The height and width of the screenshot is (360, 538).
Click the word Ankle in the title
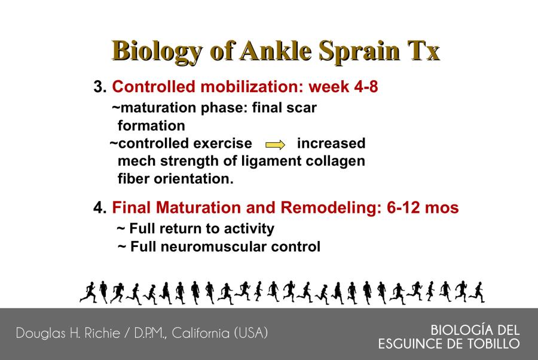(276, 51)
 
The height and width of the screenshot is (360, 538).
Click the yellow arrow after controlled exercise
(275, 145)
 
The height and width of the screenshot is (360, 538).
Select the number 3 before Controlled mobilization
(100, 87)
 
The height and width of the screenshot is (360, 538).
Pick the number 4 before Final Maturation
(100, 208)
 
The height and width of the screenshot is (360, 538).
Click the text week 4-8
(343, 87)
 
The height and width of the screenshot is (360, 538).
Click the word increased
(331, 144)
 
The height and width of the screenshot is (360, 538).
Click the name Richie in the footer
(102, 333)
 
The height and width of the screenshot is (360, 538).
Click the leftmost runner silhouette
(88, 292)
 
